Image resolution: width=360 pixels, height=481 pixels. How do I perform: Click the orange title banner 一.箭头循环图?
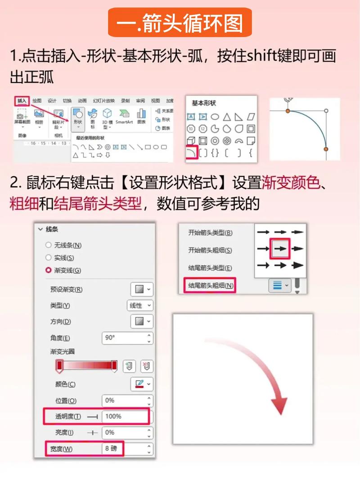[180, 23]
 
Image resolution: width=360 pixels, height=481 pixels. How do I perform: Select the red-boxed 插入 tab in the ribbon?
[22, 101]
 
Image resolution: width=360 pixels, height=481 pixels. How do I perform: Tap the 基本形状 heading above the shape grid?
[204, 103]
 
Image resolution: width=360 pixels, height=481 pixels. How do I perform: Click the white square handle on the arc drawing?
[326, 110]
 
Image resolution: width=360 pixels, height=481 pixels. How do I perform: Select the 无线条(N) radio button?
[49, 245]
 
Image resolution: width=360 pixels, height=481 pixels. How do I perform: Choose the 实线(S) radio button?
[49, 258]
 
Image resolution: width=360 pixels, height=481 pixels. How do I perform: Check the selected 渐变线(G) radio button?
[49, 270]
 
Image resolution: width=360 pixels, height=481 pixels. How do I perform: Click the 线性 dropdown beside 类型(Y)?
[139, 306]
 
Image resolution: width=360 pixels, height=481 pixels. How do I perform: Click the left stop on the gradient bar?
[59, 366]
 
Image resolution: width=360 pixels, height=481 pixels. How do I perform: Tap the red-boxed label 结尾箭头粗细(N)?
[211, 285]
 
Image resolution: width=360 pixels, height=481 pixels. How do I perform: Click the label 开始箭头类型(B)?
[210, 233]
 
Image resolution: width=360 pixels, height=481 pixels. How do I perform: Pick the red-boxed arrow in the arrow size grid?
[280, 248]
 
